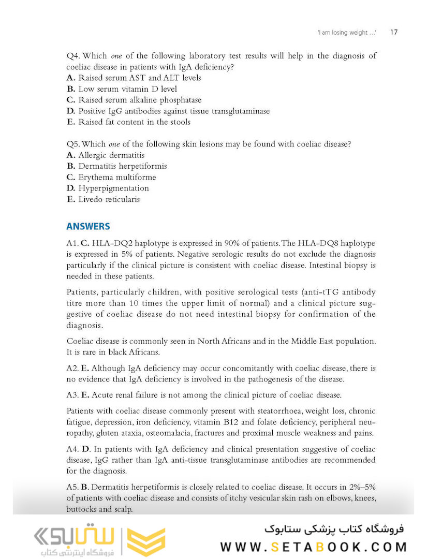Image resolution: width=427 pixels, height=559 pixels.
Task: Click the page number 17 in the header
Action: point(393,32)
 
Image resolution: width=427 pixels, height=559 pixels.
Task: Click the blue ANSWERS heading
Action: point(88,226)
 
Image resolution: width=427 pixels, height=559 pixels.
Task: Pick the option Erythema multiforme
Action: point(111,177)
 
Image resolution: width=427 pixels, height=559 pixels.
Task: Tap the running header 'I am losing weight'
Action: point(346,33)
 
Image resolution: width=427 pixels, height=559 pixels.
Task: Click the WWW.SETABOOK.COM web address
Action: point(313,547)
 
